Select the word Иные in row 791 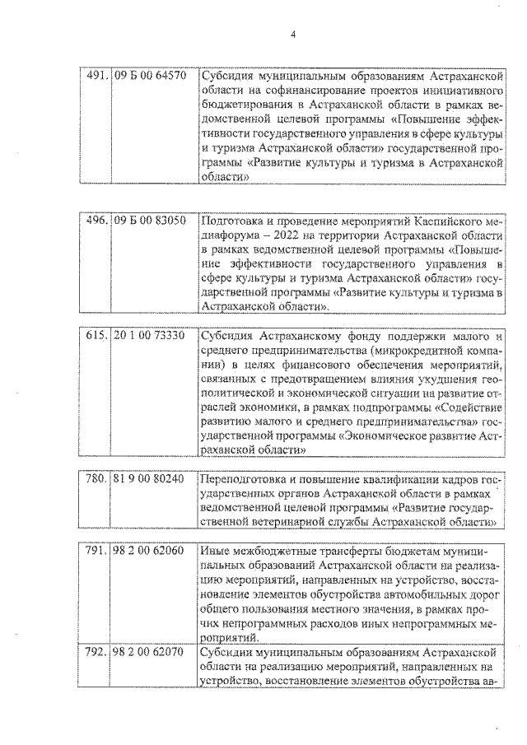pyautogui.click(x=215, y=550)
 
